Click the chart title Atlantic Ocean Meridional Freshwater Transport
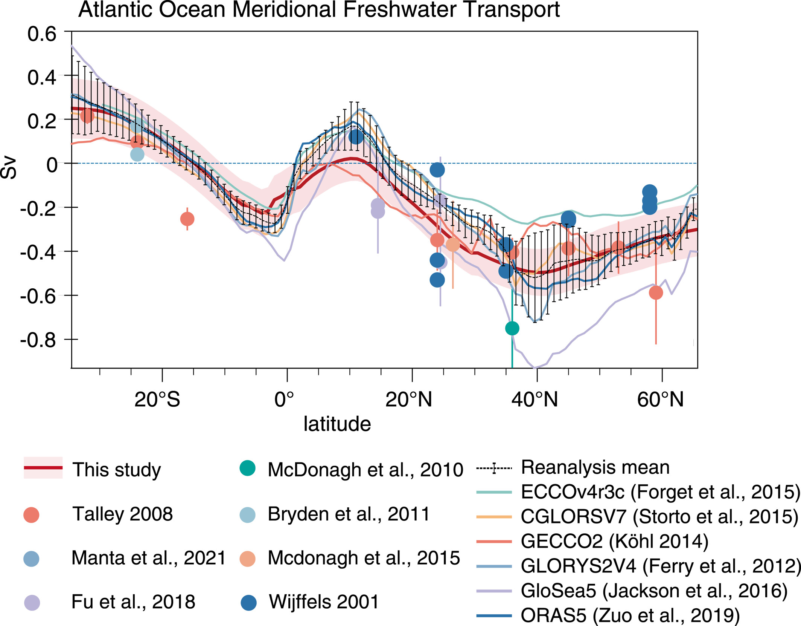[319, 10]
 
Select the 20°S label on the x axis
[157, 400]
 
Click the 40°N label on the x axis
[535, 400]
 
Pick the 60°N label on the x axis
[660, 400]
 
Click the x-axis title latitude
[337, 424]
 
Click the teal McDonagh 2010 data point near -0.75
[512, 328]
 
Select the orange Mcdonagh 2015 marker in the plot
[453, 245]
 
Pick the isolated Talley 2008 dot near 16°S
[187, 219]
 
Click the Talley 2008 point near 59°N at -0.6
[656, 292]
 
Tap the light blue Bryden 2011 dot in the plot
[137, 154]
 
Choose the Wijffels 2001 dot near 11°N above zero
[356, 137]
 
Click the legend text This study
[117, 470]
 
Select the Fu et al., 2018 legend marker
[32, 603]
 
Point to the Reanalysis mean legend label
[595, 468]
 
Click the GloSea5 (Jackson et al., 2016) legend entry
[654, 591]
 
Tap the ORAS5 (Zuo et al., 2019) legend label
[630, 615]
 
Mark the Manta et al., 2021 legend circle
[31, 559]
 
